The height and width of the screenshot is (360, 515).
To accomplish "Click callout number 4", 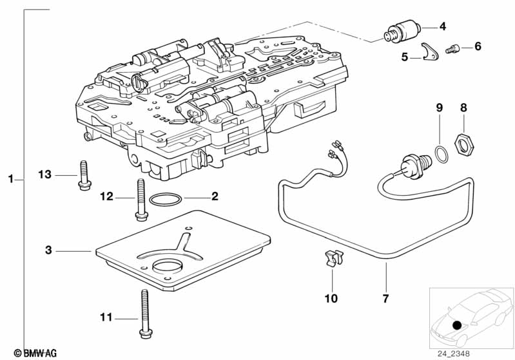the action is coord(443,26).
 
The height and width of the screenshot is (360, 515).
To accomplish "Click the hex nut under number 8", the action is coord(464,143).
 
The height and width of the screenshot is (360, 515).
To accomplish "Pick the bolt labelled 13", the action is coord(84,175).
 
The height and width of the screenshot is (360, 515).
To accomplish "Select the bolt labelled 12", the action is coord(141,200).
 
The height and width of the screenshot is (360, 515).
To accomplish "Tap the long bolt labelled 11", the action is coord(146,314).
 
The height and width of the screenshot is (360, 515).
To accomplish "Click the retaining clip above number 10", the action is coord(333,258).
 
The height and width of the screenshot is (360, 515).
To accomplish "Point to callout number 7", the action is coord(385,298).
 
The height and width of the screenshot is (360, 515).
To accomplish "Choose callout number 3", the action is coord(48,250).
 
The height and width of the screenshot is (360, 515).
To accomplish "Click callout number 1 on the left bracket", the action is coord(11,179).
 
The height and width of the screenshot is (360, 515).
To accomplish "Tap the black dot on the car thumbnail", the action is coord(457,325).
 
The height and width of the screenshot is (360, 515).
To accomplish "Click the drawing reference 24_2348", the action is coord(453,354).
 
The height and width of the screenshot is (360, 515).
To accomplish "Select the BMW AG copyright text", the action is coord(35,353).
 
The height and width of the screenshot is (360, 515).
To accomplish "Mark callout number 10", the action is coord(331,298).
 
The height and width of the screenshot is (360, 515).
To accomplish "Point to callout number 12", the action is coord(106,196).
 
